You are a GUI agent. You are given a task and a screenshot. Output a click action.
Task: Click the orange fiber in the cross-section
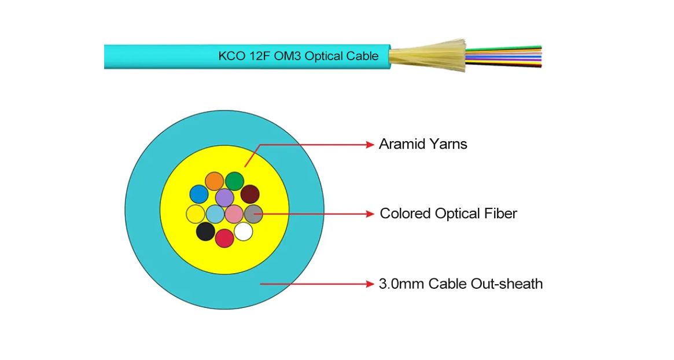click(x=215, y=181)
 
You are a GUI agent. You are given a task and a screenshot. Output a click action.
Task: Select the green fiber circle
click(x=234, y=181)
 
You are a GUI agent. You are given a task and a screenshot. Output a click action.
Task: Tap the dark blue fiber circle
click(x=199, y=194)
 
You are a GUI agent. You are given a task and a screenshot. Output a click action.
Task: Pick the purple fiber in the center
click(x=224, y=198)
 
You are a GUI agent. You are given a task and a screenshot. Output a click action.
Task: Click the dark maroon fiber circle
click(x=250, y=194)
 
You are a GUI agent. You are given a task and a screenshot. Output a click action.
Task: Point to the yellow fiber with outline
click(x=196, y=214)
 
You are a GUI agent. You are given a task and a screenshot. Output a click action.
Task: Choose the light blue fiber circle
click(x=215, y=214)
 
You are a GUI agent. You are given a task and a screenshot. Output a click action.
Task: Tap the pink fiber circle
click(x=234, y=214)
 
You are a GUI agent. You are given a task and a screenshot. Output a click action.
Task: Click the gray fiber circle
click(x=253, y=214)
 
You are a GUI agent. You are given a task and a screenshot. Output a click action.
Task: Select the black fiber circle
click(x=205, y=232)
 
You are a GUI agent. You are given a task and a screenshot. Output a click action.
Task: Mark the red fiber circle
click(x=224, y=238)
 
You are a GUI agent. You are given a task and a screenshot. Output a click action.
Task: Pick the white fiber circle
click(x=244, y=232)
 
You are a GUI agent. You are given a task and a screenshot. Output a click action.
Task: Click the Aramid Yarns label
click(x=423, y=144)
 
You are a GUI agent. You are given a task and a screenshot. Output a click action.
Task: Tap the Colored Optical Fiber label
click(x=448, y=214)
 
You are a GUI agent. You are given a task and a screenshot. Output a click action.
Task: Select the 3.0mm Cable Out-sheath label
click(x=461, y=284)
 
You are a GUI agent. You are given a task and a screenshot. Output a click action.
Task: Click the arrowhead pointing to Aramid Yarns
click(x=370, y=145)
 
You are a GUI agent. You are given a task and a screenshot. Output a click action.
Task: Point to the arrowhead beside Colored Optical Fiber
click(x=370, y=214)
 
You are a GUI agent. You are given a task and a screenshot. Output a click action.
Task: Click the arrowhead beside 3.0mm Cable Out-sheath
click(x=370, y=284)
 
